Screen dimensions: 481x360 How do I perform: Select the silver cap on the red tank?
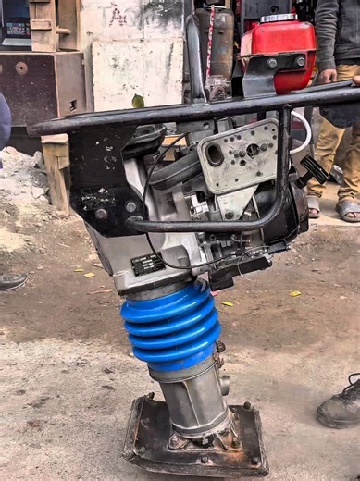click(x=278, y=18)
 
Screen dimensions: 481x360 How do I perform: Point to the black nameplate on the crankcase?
click(x=148, y=264)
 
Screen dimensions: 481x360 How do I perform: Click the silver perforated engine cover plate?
click(x=240, y=154)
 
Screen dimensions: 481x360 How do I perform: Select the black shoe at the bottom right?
click(x=340, y=406)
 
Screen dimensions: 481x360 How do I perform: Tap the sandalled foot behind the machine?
click(x=348, y=211)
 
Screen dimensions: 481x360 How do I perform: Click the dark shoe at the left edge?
click(x=10, y=280)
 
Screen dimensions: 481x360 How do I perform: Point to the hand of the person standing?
click(x=329, y=76)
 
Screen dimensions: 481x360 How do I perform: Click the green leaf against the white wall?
click(x=138, y=101)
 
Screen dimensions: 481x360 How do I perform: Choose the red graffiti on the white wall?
click(x=118, y=16)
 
